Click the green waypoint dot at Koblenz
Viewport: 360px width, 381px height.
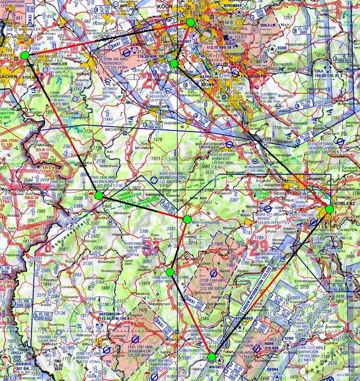(329, 209)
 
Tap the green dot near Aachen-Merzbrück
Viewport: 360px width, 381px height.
(25, 55)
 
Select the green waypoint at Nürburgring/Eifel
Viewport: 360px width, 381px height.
(187, 219)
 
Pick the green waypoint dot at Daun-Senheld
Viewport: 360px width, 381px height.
(170, 272)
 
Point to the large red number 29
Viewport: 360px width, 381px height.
(259, 246)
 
